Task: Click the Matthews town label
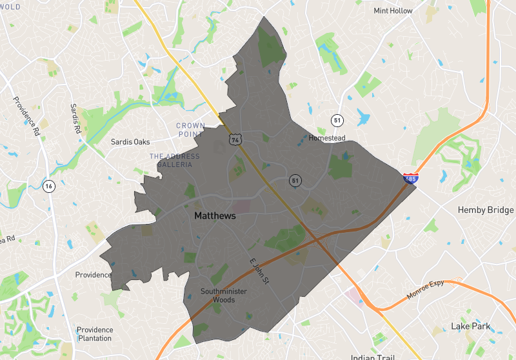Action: point(215,217)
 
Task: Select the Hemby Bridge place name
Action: point(486,210)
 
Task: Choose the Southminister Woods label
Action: point(223,295)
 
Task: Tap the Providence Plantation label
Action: point(94,334)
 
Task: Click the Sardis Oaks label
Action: point(130,141)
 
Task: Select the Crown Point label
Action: point(190,130)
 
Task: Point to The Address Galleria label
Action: point(171,161)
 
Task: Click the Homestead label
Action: point(327,138)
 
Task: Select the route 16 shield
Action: point(48,187)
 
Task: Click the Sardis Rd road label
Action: point(75,118)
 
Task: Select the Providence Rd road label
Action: point(24,113)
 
